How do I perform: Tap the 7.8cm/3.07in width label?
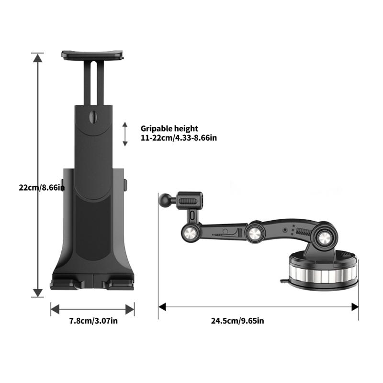[92, 321]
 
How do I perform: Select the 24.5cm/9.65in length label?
[237, 321]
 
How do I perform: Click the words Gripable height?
[169, 128]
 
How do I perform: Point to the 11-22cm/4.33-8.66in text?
[179, 138]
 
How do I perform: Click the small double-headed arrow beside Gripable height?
[125, 134]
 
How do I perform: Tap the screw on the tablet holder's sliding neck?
[93, 116]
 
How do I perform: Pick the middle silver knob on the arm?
[256, 235]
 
